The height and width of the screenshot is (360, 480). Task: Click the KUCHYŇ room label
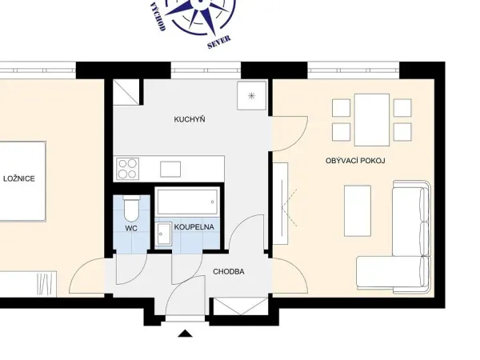pyautogui.click(x=190, y=119)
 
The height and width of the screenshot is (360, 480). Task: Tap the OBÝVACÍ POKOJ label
pyautogui.click(x=355, y=161)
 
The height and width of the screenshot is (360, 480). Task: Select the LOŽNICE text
pyautogui.click(x=19, y=178)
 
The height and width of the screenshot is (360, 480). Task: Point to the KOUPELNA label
pyautogui.click(x=194, y=227)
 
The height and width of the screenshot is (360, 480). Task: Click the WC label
pyautogui.click(x=131, y=228)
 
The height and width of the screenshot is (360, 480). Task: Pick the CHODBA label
pyautogui.click(x=229, y=271)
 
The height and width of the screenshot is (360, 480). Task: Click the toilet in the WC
pyautogui.click(x=132, y=209)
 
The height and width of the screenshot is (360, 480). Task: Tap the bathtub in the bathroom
pyautogui.click(x=187, y=202)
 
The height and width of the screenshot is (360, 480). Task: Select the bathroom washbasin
pyautogui.click(x=163, y=234)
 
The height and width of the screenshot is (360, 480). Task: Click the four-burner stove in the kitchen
pyautogui.click(x=128, y=169)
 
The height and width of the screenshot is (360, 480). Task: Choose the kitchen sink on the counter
pyautogui.click(x=170, y=170)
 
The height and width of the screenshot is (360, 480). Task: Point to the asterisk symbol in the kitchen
pyautogui.click(x=251, y=96)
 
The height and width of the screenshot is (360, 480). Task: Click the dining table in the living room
pyautogui.click(x=372, y=120)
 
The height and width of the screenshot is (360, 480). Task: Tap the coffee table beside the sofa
pyautogui.click(x=358, y=211)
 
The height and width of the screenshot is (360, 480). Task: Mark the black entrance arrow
pyautogui.click(x=186, y=334)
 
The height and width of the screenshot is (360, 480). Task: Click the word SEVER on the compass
pyautogui.click(x=219, y=42)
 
